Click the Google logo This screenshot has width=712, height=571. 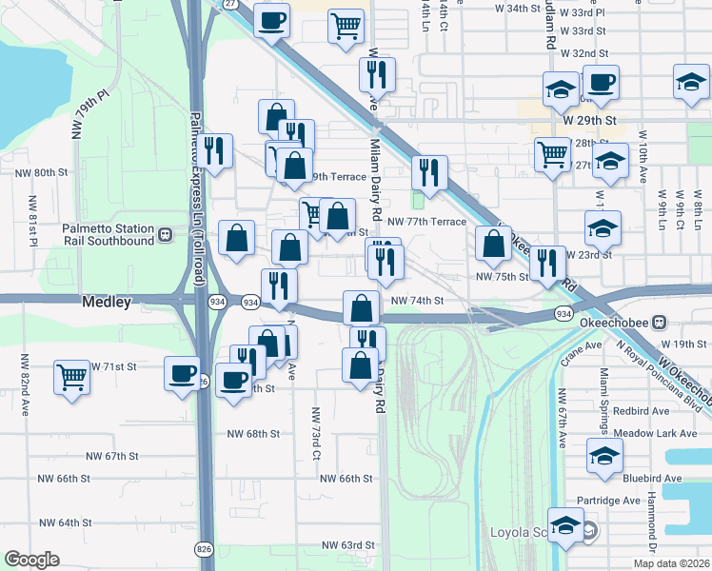pyautogui.click(x=31, y=560)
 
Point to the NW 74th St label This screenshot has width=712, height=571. pyautogui.click(x=418, y=301)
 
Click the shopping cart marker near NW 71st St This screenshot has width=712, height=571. pyautogui.click(x=71, y=376)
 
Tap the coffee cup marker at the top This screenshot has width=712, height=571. pyautogui.click(x=272, y=19)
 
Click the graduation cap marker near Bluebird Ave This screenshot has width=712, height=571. pyautogui.click(x=604, y=456)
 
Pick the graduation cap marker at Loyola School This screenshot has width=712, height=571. pyautogui.click(x=565, y=525)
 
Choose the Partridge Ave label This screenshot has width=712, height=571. pyautogui.click(x=608, y=500)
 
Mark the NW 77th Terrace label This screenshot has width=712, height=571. pyautogui.click(x=427, y=221)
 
